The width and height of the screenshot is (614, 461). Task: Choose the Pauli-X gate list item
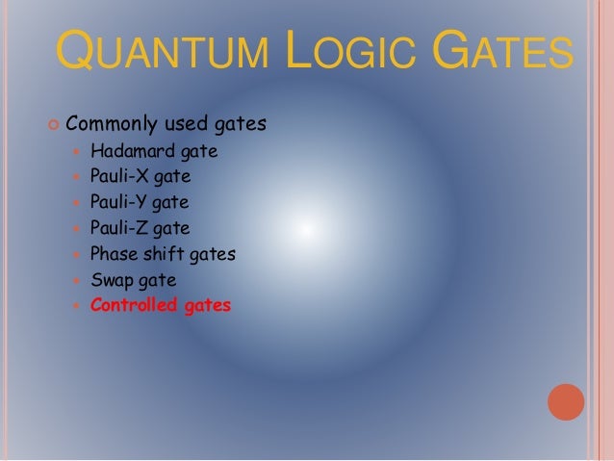pos(140,177)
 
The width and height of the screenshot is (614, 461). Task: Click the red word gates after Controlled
pos(207,307)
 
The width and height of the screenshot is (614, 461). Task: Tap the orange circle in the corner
pos(567,400)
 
